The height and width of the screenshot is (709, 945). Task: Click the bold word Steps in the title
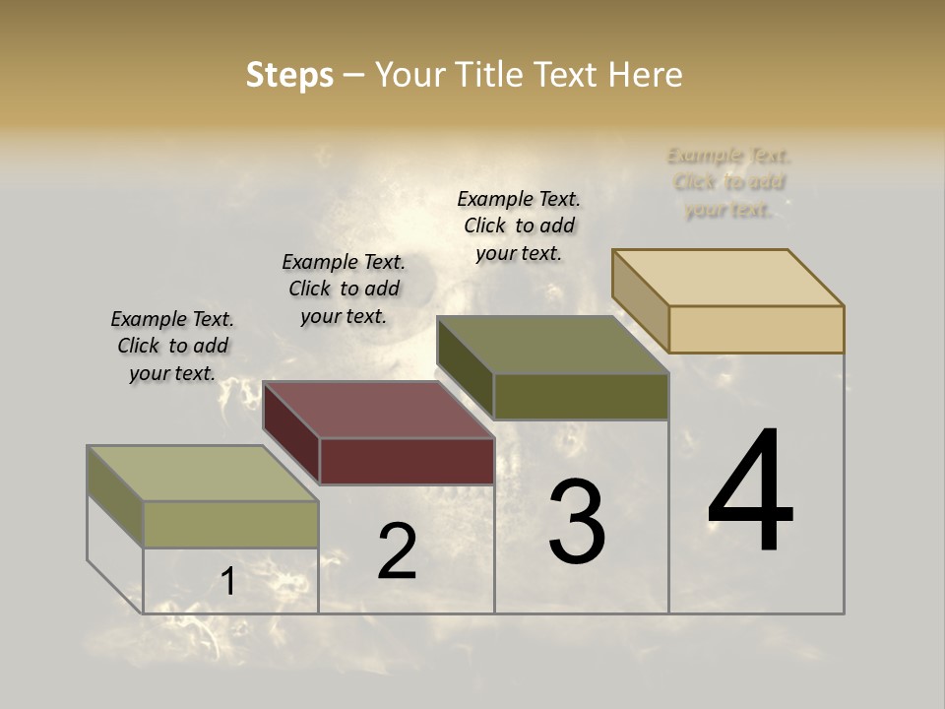point(289,75)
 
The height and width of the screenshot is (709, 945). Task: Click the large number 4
point(750,492)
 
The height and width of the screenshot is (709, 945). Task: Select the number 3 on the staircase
point(577,522)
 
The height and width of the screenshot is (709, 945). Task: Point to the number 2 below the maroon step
point(397,551)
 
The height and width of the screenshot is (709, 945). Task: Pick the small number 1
point(227,582)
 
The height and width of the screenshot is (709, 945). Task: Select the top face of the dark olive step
point(552,345)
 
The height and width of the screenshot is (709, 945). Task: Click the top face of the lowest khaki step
point(202,474)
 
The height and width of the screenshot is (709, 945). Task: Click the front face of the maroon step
point(407,461)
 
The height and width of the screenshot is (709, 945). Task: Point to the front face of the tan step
point(756,329)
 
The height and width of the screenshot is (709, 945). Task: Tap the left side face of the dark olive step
point(465,367)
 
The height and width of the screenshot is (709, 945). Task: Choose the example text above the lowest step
point(172,346)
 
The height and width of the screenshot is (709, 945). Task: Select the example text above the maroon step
point(344,289)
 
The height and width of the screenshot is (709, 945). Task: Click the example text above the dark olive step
point(519,226)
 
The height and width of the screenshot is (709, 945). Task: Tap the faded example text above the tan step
point(728,182)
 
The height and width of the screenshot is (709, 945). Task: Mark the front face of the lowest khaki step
point(230,524)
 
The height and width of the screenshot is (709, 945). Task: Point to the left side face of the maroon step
point(291,432)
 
